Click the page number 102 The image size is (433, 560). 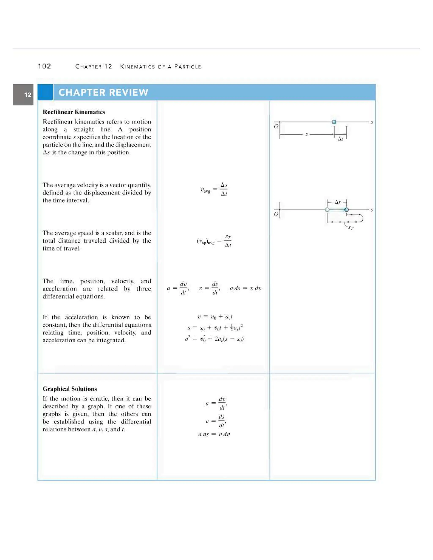click(x=44, y=66)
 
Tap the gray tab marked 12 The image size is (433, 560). click(x=23, y=95)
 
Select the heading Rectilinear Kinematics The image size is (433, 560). click(x=74, y=112)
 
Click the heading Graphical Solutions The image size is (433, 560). click(x=70, y=389)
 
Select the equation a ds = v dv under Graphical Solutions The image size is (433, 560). click(x=214, y=434)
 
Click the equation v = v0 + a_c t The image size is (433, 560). click(x=215, y=317)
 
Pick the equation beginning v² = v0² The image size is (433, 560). click(x=214, y=339)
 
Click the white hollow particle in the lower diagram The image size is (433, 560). click(x=327, y=210)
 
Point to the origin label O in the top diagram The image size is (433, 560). click(x=276, y=126)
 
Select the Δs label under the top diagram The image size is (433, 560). click(x=340, y=139)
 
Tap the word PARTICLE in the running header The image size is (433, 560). click(x=188, y=67)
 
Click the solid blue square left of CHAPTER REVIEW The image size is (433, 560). click(x=45, y=92)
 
